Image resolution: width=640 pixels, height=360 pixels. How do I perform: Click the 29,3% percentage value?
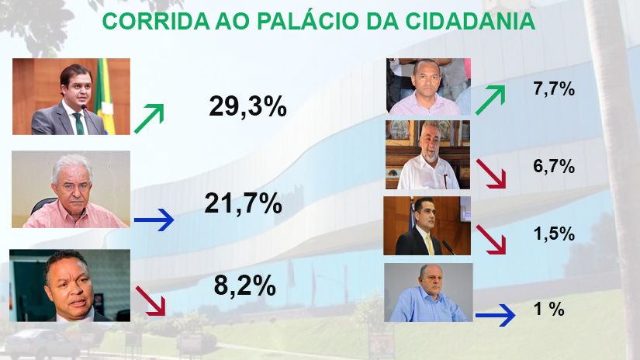[x=247, y=106]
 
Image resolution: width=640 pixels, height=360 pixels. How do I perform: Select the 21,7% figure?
[x=244, y=203]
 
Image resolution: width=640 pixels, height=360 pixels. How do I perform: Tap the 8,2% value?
[x=245, y=286]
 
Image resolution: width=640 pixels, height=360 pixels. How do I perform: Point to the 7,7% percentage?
[x=554, y=88]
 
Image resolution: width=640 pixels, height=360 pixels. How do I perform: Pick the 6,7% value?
[x=554, y=166]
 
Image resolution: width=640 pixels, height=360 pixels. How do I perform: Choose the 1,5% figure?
[x=555, y=234]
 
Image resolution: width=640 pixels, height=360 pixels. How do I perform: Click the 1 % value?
[x=549, y=309]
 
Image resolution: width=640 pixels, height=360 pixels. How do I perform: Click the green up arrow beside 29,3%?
[x=149, y=119]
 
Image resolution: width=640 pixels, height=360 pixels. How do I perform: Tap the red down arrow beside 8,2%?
[x=150, y=301]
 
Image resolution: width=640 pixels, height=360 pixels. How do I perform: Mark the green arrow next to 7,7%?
[x=490, y=100]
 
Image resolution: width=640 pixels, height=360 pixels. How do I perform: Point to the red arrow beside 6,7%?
[x=491, y=174]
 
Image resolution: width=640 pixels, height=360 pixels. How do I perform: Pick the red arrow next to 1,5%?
[x=491, y=240]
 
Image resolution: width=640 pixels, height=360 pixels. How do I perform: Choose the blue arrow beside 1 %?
[x=495, y=315]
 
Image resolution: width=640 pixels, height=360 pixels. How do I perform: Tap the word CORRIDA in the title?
[x=156, y=21]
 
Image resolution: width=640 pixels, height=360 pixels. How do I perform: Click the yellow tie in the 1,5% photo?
[x=430, y=244]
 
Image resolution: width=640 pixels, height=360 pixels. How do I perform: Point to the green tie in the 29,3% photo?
[x=79, y=123]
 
